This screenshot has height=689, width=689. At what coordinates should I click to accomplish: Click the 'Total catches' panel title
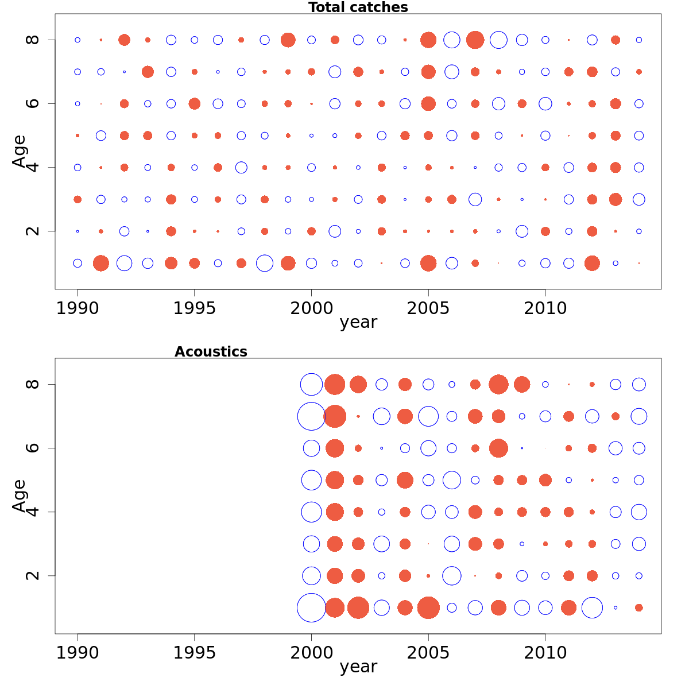coord(358,7)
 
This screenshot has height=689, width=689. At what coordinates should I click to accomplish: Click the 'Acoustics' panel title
coord(211,352)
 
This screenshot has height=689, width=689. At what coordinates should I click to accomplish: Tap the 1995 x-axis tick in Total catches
coord(195,308)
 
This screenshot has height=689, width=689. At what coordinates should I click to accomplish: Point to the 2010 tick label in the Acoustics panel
coord(545,653)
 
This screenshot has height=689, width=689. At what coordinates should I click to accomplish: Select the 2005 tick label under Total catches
coord(428,308)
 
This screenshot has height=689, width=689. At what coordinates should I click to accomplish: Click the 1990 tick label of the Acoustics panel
coord(78,653)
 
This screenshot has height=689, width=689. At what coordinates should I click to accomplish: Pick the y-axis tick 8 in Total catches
coord(33,40)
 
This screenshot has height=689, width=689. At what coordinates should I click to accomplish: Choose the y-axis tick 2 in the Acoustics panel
coord(33,575)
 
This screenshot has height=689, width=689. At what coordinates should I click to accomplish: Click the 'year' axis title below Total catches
coord(358,323)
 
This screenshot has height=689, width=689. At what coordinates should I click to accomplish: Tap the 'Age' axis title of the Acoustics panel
coord(20,495)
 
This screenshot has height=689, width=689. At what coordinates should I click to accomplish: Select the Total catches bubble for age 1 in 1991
coord(101,263)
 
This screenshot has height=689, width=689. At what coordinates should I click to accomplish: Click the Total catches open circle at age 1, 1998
coord(265,263)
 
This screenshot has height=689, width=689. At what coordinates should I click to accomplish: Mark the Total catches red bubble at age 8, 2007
coord(475,40)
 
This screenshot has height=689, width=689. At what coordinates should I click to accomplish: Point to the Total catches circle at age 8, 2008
coord(498,40)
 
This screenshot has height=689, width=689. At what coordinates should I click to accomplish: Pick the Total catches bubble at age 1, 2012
coord(592,263)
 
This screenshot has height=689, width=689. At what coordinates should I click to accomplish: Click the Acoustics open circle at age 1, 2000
coord(311,607)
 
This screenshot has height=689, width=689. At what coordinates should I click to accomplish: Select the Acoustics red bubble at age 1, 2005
coord(428,607)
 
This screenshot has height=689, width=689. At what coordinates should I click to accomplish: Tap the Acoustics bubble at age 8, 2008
coord(498,384)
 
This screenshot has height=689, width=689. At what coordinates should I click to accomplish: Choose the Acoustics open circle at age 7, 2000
coord(311,416)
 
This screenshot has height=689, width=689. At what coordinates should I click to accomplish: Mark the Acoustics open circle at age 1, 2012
coord(592,607)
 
